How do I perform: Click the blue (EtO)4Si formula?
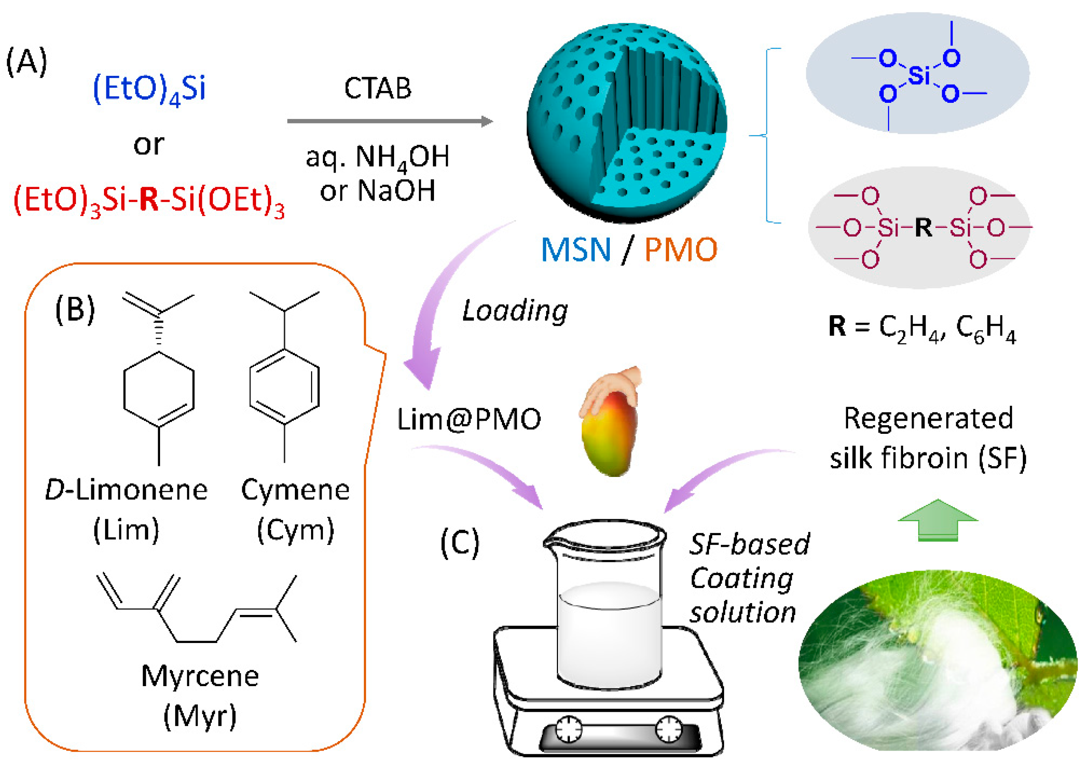click(x=149, y=89)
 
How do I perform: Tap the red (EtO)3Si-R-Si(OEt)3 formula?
click(x=149, y=200)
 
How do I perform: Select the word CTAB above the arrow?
click(x=377, y=88)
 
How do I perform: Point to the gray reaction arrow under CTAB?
click(x=389, y=121)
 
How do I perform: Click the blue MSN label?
click(x=575, y=250)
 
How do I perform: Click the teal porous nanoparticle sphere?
click(x=627, y=123)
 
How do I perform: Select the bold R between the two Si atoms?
click(x=923, y=227)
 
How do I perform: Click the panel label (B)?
click(x=75, y=309)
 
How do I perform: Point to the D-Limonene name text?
click(x=126, y=490)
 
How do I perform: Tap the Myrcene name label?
click(x=200, y=676)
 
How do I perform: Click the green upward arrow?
click(x=937, y=520)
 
